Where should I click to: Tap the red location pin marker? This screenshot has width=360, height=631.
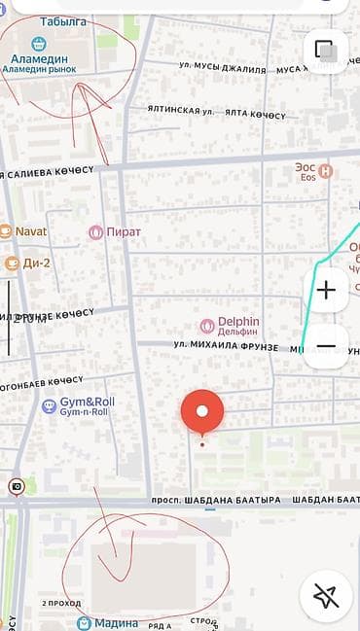tap(202, 412)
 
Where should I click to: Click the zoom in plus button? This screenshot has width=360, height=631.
tap(326, 290)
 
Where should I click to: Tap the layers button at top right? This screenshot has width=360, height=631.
tap(326, 51)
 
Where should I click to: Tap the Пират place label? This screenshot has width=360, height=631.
tap(124, 232)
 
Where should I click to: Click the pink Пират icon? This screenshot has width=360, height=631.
tap(95, 232)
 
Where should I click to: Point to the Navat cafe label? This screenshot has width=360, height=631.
tap(31, 231)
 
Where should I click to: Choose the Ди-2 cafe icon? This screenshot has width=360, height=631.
tap(12, 263)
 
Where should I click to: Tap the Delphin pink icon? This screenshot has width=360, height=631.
tap(206, 326)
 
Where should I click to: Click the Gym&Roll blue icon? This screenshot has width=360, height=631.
tap(49, 405)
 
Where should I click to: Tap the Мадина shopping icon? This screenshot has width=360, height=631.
tap(83, 622)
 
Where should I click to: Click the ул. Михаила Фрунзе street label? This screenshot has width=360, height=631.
tap(226, 346)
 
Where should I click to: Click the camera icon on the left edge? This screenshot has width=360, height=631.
tap(17, 486)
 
